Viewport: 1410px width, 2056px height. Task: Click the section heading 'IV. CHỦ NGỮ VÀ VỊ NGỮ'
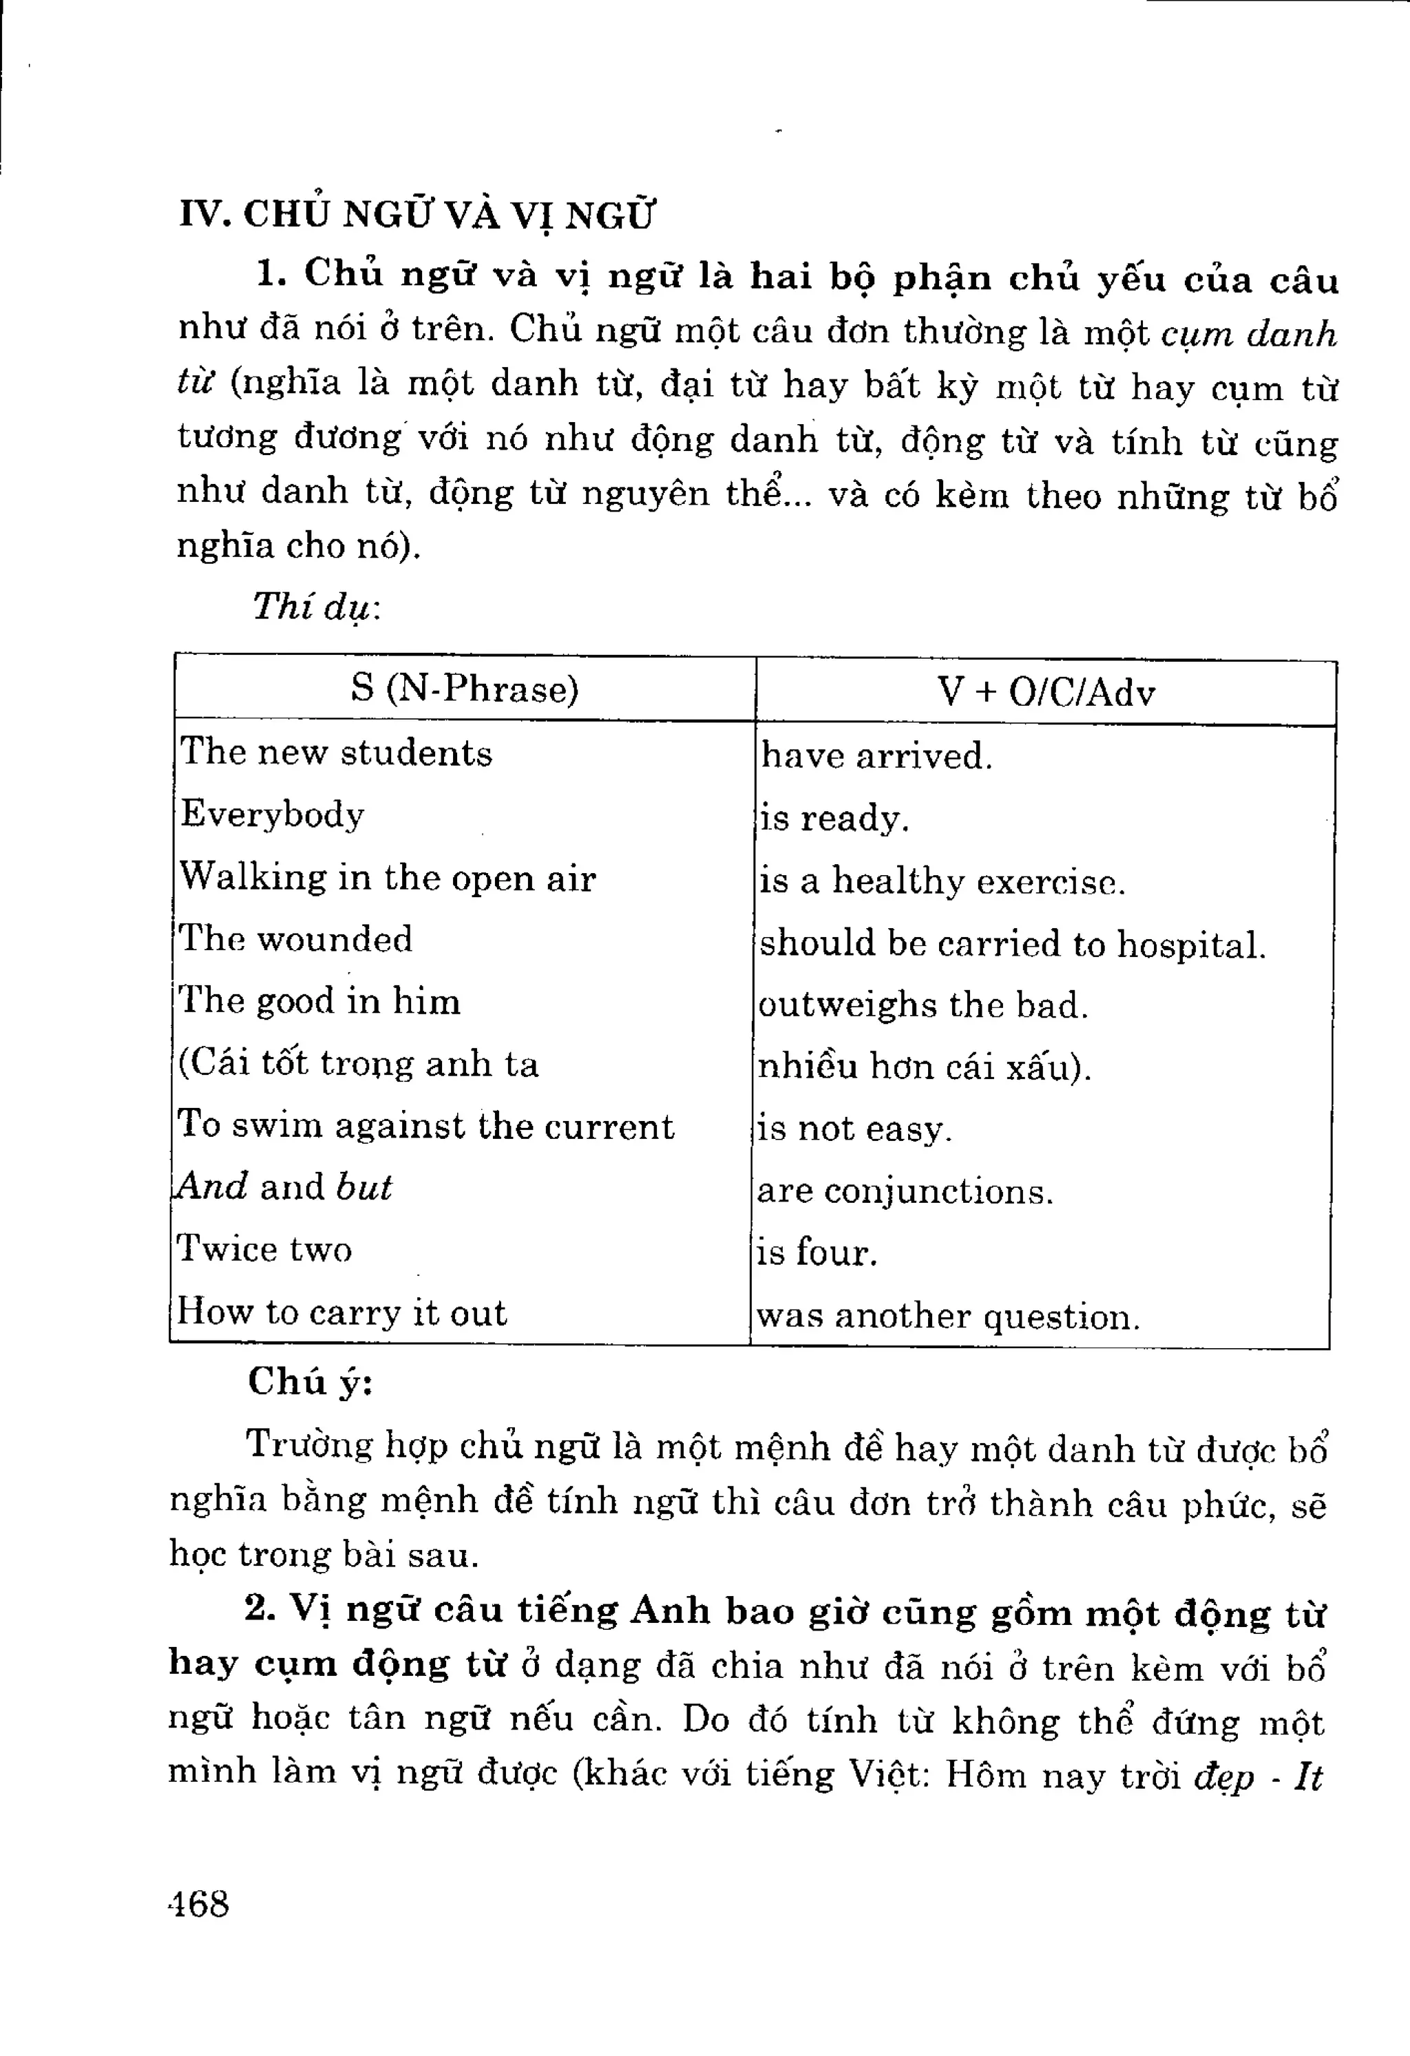tap(417, 215)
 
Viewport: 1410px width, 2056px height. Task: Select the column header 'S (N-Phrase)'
tap(465, 689)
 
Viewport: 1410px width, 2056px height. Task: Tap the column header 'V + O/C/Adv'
tap(1046, 693)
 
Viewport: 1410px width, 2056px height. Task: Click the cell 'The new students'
tap(336, 753)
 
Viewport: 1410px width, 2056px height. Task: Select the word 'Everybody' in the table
tap(273, 815)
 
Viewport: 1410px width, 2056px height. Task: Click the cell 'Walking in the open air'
tap(388, 878)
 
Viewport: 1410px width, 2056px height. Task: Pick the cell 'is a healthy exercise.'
tap(941, 882)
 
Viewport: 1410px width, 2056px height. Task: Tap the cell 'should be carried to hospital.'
tap(1012, 944)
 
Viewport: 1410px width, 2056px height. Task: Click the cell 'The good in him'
tap(319, 1001)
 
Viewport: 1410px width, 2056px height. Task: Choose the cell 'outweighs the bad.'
tap(923, 1006)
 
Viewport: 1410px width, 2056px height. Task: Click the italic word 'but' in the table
tap(364, 1187)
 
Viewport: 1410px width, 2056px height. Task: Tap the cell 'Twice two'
tap(264, 1249)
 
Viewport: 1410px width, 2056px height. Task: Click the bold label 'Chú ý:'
tap(311, 1382)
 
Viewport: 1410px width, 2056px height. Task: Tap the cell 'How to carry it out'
tap(341, 1312)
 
